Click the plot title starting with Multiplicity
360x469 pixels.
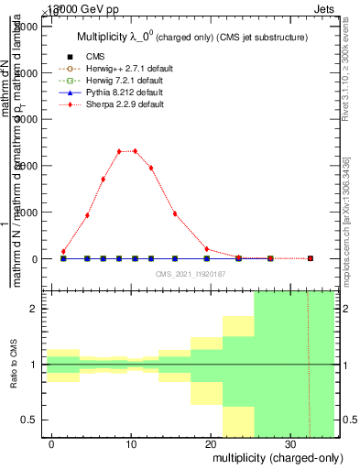[191, 38]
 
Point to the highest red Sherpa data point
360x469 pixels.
[135, 151]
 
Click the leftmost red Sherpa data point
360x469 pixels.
[63, 251]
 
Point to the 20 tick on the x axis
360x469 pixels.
[211, 444]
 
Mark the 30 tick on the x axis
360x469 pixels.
[289, 444]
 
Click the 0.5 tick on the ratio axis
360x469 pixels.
[30, 420]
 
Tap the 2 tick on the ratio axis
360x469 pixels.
[35, 309]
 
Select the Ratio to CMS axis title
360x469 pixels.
[13, 365]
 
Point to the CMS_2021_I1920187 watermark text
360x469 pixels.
[190, 273]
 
